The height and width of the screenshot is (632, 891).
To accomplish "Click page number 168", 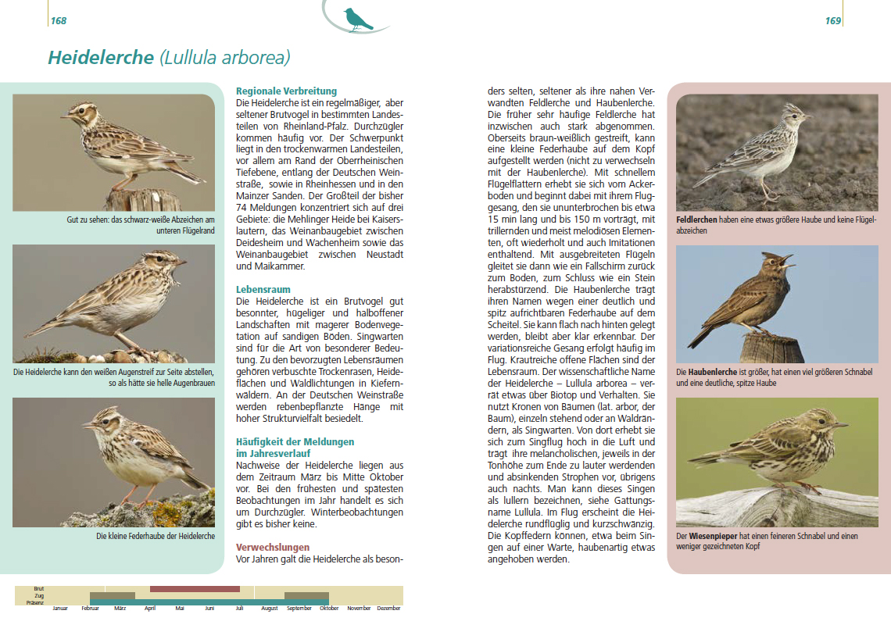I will (59, 21).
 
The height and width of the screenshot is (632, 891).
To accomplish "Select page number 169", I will (832, 21).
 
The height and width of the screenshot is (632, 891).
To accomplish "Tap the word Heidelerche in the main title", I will (101, 58).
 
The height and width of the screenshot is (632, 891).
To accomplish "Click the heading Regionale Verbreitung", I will (286, 91).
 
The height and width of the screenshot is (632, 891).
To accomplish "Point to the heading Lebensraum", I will (263, 290).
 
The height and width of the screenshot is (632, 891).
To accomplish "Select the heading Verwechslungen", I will (273, 548).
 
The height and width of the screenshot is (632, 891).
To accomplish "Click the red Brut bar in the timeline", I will (195, 589).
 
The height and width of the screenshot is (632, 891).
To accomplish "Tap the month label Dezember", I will (388, 609).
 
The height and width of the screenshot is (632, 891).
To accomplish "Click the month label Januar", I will (60, 609).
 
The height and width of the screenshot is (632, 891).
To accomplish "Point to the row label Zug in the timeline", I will (39, 595).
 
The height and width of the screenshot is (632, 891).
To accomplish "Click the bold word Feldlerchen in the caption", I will (696, 220).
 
